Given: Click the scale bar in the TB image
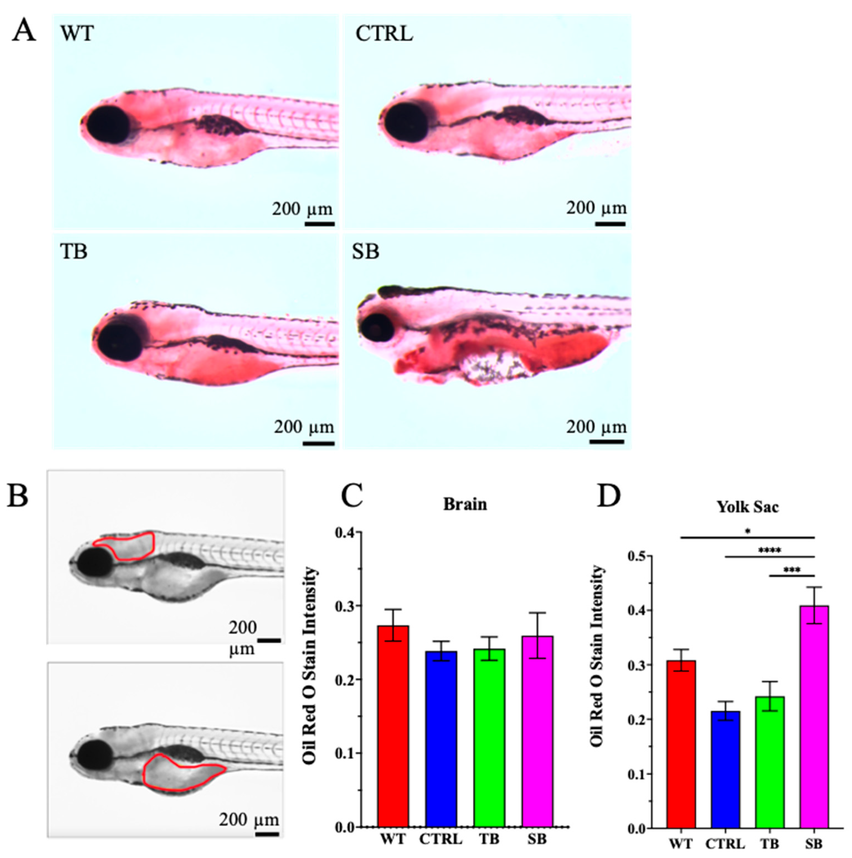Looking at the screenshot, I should [319, 443].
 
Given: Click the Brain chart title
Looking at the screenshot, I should [465, 504].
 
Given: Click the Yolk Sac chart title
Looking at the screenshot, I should [748, 507].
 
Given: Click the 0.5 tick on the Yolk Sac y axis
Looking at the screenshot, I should [638, 556].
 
